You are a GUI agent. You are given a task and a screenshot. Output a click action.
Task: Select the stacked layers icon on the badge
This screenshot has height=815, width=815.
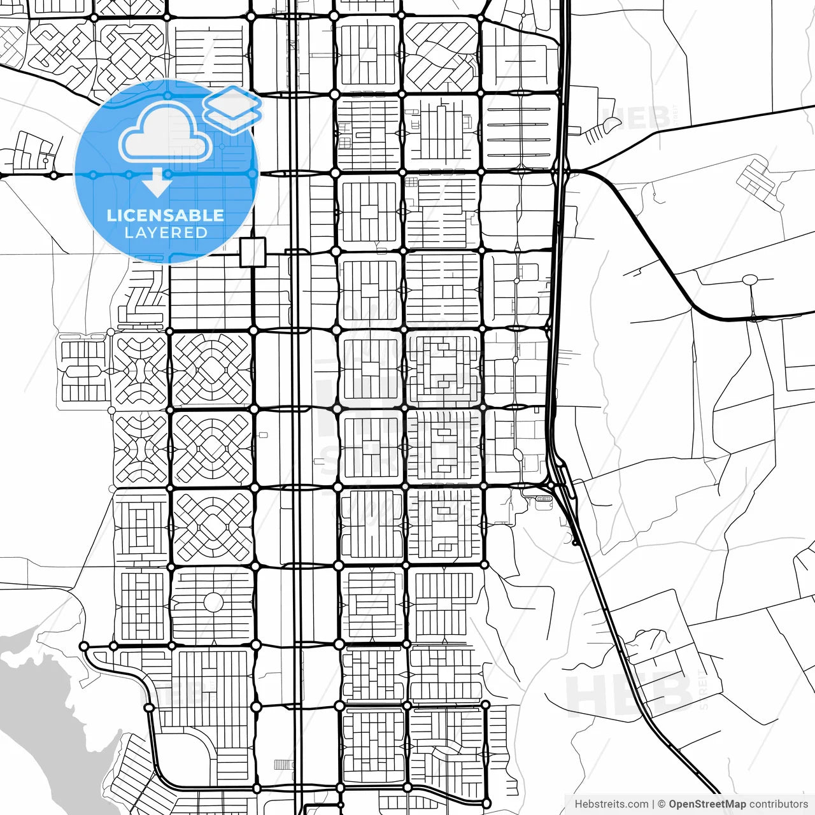point(233,108)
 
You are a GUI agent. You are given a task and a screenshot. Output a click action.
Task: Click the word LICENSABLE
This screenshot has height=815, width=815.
point(166,215)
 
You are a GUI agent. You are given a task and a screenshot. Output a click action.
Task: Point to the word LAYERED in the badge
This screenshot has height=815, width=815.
point(166,233)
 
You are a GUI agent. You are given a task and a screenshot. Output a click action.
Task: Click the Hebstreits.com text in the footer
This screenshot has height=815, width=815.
point(611,804)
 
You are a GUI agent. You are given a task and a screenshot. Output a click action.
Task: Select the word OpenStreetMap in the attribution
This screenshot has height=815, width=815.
point(707,804)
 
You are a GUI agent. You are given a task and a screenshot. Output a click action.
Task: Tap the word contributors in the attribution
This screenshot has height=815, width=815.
point(778,804)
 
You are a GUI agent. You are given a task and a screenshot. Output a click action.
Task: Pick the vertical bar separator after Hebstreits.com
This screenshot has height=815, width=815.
point(653,804)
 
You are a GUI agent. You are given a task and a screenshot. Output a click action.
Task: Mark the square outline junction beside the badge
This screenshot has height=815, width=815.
point(253,252)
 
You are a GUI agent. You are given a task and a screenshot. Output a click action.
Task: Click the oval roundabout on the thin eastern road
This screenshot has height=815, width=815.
point(750,279)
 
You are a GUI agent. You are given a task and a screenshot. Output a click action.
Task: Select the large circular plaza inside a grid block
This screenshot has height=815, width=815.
point(213,602)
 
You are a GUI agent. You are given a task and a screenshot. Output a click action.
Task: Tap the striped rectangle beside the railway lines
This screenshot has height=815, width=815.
point(281,765)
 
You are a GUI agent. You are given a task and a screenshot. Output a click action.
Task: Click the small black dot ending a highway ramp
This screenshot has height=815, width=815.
point(575,543)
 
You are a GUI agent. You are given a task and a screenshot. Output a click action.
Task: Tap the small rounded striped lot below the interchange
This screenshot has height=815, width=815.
point(543,499)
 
